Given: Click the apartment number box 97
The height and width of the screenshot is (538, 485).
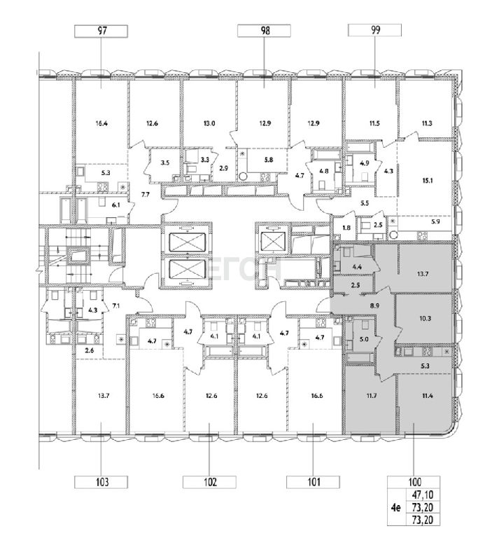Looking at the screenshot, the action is click(101, 31).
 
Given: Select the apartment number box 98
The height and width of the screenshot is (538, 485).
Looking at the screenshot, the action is click(265, 31).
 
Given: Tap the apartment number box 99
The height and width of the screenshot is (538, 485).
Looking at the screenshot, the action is click(374, 30).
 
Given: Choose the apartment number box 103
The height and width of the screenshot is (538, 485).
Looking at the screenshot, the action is click(101, 482).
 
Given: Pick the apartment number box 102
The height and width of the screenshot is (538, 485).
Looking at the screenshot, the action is click(209, 482).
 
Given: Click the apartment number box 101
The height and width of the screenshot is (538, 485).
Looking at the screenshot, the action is click(313, 482).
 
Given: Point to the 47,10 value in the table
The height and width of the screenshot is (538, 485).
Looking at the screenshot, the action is click(424, 495).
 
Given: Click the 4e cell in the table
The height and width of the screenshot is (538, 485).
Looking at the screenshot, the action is click(396, 506).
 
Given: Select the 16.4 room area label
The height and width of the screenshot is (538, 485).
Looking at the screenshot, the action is click(101, 123).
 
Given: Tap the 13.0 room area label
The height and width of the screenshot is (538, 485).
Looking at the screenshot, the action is click(209, 123).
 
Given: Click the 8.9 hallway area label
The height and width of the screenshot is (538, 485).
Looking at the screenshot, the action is click(374, 305).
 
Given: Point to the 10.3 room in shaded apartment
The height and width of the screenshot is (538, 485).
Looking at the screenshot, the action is click(425, 319).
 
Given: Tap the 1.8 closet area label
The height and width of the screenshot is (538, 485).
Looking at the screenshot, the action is click(346, 227).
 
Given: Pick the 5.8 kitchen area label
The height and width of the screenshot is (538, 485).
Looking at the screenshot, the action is click(269, 160).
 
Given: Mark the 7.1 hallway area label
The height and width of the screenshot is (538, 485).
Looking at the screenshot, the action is click(116, 305).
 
